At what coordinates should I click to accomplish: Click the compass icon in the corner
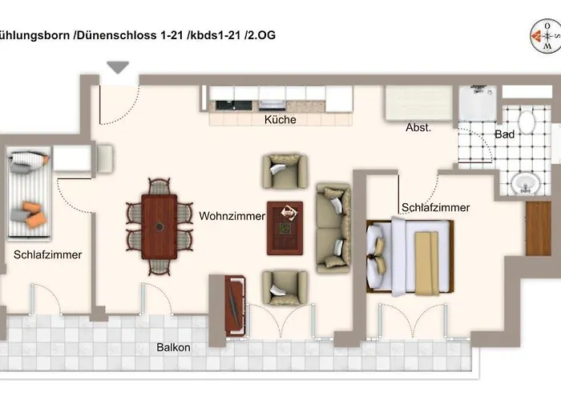pyautogui.click(x=546, y=34)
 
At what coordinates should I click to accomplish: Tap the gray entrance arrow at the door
pyautogui.click(x=118, y=68)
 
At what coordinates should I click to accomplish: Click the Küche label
pyautogui.click(x=280, y=120)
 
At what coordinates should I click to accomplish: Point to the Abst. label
pyautogui.click(x=418, y=127)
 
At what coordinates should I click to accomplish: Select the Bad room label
pyautogui.click(x=504, y=134)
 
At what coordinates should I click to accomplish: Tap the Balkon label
pyautogui.click(x=173, y=347)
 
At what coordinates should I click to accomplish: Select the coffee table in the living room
pyautogui.click(x=285, y=227)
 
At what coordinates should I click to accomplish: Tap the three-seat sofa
pyautogui.click(x=333, y=228)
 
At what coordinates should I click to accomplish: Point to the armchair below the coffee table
pyautogui.click(x=285, y=286)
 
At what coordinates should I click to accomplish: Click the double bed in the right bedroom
pyautogui.click(x=410, y=257)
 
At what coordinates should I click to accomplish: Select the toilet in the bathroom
pyautogui.click(x=527, y=122)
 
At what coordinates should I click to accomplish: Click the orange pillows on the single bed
pyautogui.click(x=32, y=213)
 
